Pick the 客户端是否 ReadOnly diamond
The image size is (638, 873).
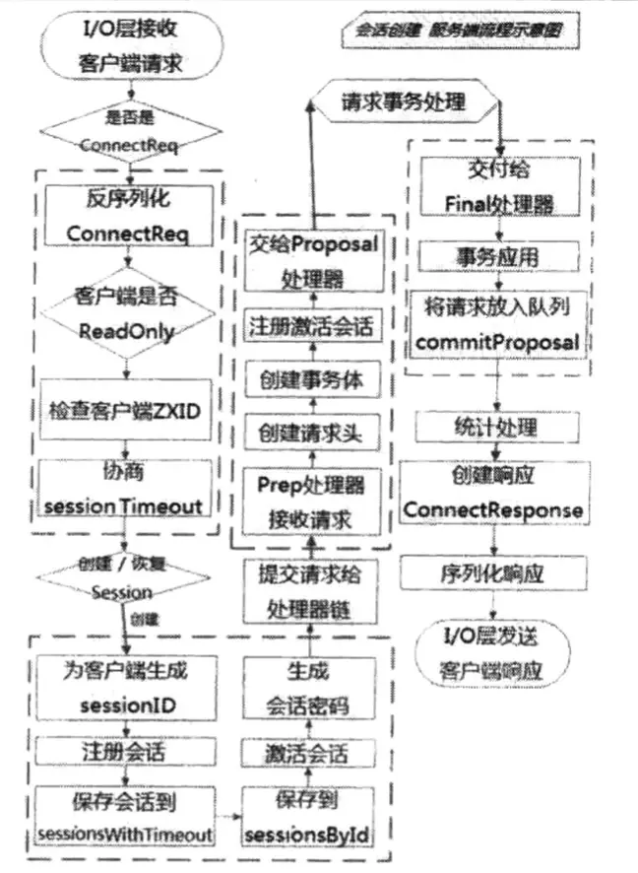point(126,313)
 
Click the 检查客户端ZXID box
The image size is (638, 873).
point(127,408)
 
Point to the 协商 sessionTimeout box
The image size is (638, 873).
point(127,490)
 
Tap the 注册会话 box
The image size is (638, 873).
point(126,751)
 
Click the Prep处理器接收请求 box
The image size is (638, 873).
point(311,503)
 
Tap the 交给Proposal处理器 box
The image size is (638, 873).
point(311,258)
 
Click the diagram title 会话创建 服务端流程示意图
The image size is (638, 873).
point(459,32)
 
